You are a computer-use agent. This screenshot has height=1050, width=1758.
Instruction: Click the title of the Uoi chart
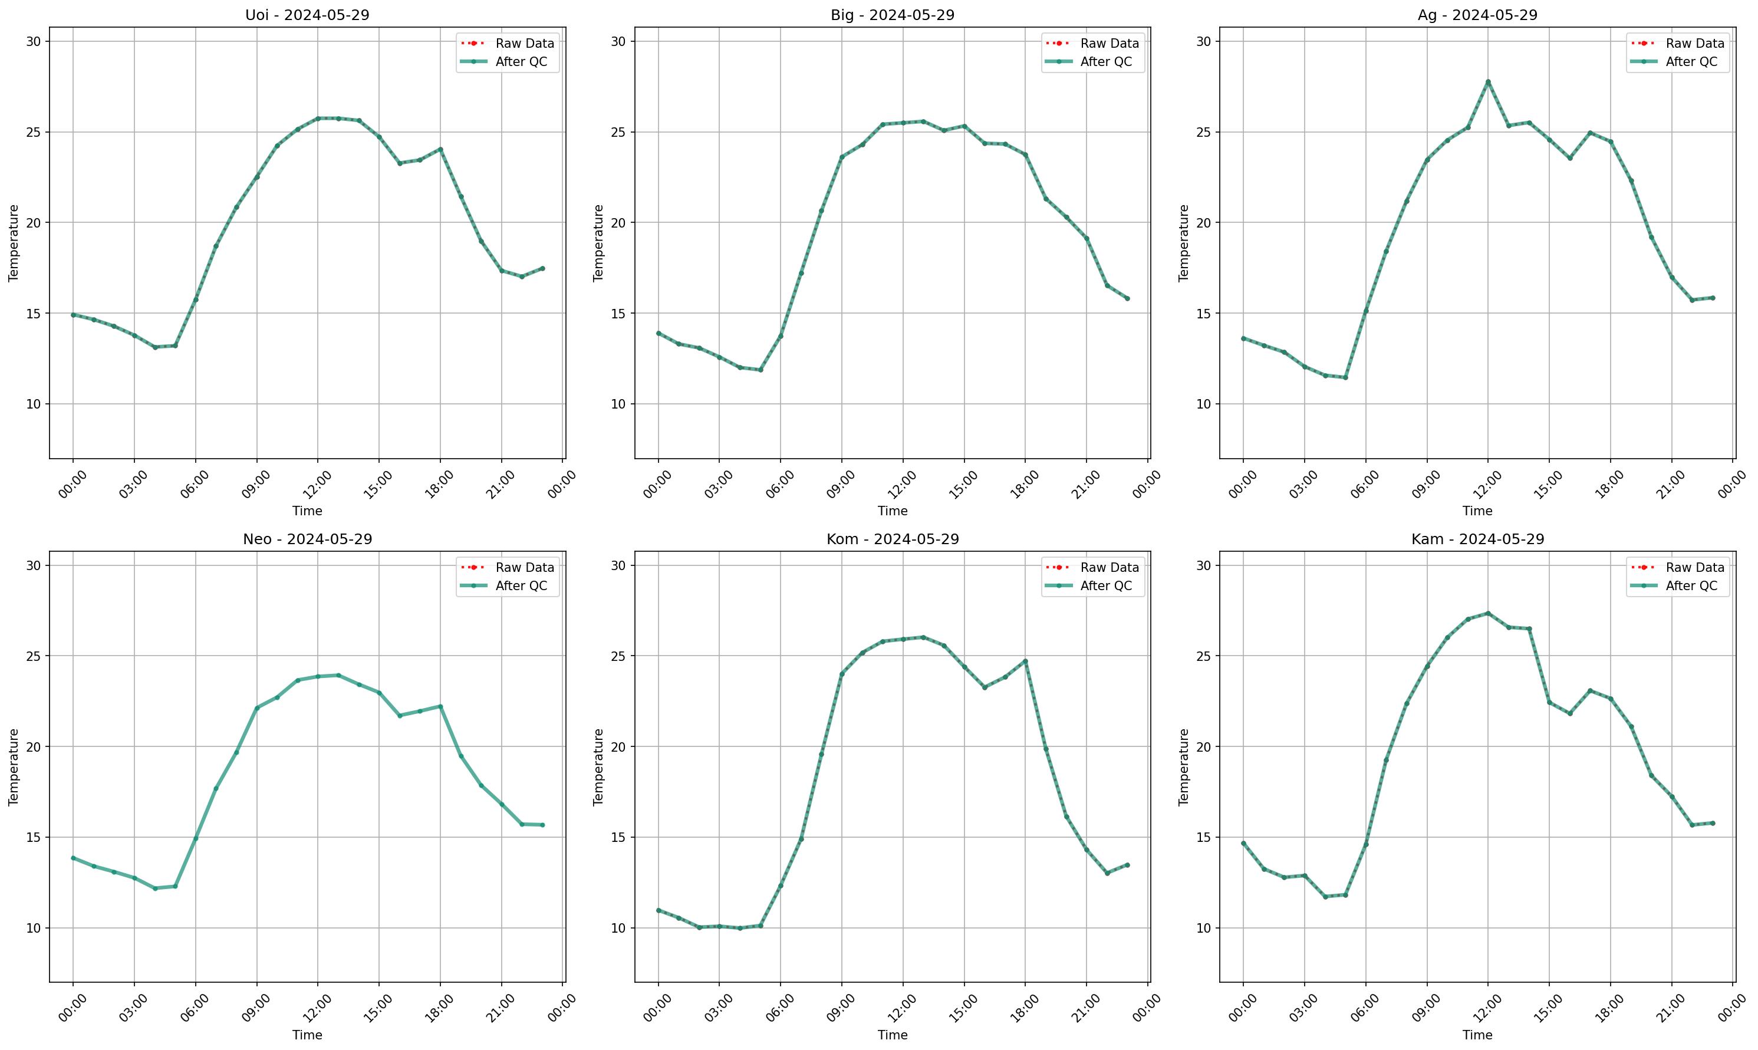(x=307, y=15)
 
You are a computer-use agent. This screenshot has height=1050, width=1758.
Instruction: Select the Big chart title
(x=892, y=15)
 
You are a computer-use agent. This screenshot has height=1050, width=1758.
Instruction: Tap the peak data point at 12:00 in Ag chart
(x=1488, y=82)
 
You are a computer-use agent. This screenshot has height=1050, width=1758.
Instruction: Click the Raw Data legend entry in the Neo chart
(x=524, y=568)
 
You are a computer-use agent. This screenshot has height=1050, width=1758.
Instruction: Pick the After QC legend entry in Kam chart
(x=1691, y=586)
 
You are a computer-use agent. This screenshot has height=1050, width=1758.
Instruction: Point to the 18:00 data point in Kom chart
(x=1025, y=661)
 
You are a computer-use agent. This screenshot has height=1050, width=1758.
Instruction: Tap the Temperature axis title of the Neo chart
(x=14, y=766)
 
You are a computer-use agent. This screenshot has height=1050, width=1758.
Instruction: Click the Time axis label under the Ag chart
(x=1477, y=511)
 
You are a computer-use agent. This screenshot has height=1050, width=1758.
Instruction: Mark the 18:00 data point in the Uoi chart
(x=440, y=149)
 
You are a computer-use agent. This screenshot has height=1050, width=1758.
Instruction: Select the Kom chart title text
(x=892, y=539)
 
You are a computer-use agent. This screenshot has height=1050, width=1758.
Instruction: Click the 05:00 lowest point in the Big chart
(x=761, y=370)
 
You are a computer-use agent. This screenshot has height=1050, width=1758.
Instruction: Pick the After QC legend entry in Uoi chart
(x=521, y=61)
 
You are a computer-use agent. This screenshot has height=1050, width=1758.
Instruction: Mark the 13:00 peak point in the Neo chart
(x=338, y=675)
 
